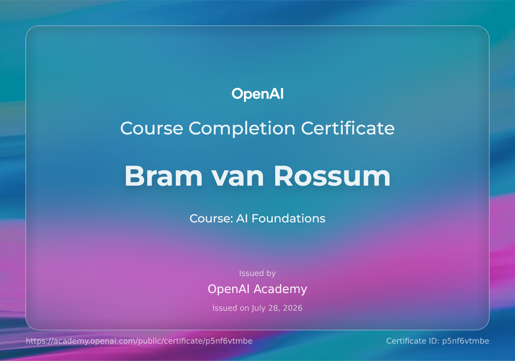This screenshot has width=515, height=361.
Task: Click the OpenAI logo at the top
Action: [x=257, y=94]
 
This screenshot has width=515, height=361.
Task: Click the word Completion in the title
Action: [x=242, y=129]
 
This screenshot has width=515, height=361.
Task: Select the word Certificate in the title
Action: [x=348, y=128]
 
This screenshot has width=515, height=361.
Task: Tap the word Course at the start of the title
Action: [x=152, y=129]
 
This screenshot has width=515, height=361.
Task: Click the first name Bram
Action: [x=164, y=176]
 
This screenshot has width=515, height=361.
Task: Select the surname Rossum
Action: [x=332, y=176]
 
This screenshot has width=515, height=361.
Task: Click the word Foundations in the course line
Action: [x=288, y=219]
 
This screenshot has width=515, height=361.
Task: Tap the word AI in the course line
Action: [x=242, y=219]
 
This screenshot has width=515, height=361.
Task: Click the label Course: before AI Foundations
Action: [x=211, y=219]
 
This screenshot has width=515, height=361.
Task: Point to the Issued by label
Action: [x=257, y=273]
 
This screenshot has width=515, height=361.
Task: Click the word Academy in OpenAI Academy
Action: [x=280, y=289]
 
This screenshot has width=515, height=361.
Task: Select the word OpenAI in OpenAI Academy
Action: [x=229, y=289]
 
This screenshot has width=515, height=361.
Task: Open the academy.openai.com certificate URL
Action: [x=139, y=341]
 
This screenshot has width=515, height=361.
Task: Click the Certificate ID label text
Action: [x=413, y=341]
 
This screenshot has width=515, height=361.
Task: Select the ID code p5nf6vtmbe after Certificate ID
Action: [x=465, y=341]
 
